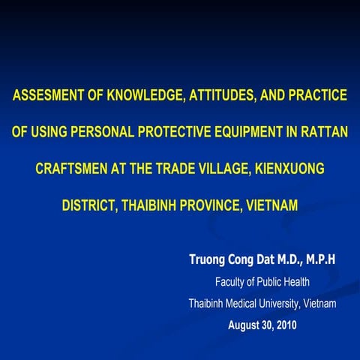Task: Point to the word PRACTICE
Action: click(313, 96)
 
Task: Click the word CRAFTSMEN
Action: click(70, 168)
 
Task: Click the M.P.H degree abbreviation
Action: click(318, 259)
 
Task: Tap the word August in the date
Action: click(245, 325)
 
